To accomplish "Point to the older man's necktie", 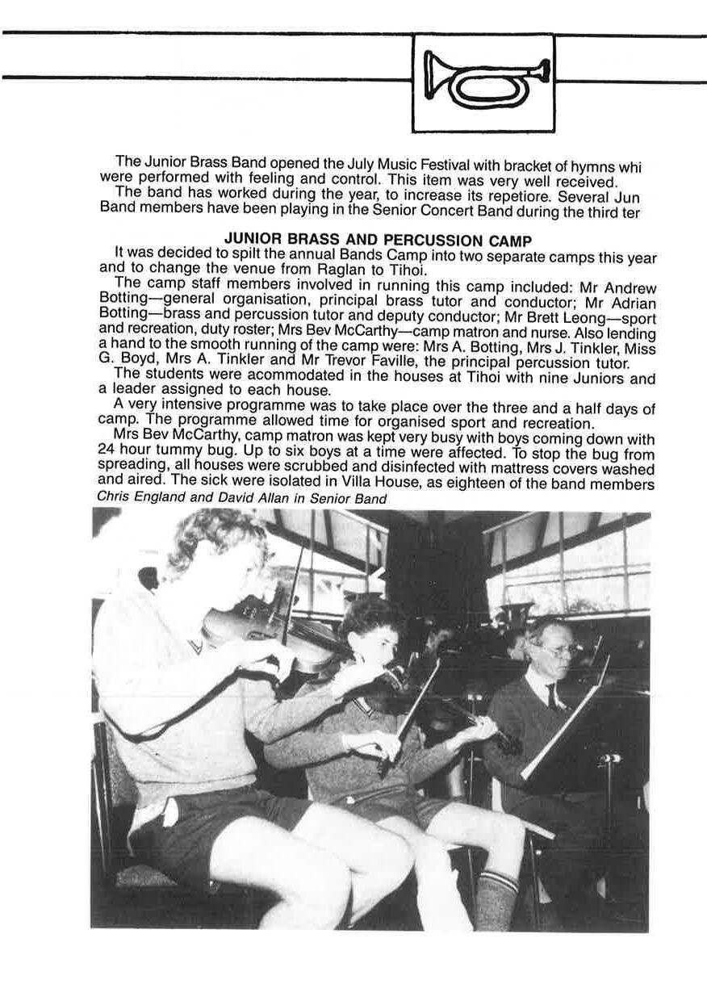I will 552,696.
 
